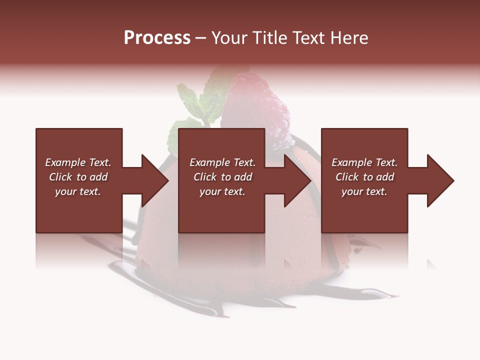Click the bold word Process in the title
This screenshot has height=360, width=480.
tap(157, 38)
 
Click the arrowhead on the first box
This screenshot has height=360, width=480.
tap(155, 180)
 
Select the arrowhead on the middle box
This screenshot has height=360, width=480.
tap(297, 180)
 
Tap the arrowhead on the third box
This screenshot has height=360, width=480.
tap(440, 180)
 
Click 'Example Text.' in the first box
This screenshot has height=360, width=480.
tap(78, 162)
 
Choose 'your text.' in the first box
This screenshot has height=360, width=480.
tap(78, 191)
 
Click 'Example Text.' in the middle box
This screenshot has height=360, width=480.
tap(222, 162)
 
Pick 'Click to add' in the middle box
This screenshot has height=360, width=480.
tap(222, 177)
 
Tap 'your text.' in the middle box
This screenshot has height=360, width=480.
tap(222, 191)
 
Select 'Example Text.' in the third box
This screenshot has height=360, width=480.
tap(364, 162)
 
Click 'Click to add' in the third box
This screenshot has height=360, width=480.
tap(364, 177)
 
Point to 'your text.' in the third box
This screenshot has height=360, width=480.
tap(364, 191)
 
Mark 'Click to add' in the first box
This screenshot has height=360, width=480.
tap(78, 177)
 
